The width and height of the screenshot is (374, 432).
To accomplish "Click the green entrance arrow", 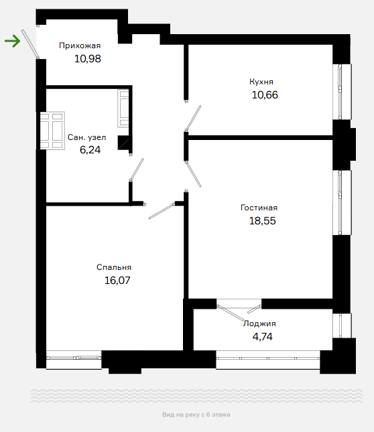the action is point(13,42).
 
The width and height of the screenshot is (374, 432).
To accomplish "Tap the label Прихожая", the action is point(80,46).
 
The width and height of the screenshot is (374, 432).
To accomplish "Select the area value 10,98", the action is point(88,59).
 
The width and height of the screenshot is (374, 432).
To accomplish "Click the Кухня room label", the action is point(261,82).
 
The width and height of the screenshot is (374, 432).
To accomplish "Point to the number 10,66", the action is point(265,95).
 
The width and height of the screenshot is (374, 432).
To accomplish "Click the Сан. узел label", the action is point(87,137).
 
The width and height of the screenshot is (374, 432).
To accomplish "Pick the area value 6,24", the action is point(90,149).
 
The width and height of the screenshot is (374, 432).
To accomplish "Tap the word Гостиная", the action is point(259,208).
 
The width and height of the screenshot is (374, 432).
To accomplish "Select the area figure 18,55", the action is point(262,220).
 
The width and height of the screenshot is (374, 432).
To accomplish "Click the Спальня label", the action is point(114,267).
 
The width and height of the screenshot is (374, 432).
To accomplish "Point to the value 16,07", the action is point(117,280).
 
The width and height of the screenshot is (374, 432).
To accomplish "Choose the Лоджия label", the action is point(259,323).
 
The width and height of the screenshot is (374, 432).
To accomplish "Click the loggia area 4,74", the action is point(262,337).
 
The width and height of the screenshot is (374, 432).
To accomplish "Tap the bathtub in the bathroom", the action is point(52,131).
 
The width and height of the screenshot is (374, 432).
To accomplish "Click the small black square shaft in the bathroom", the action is point(123,143).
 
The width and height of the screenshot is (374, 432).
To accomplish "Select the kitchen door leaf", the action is point(193,118).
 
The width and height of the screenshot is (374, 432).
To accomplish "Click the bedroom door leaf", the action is point(162,212).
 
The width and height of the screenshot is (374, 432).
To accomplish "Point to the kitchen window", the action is point(342,92).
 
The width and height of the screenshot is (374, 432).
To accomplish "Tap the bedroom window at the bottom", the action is point(74,360).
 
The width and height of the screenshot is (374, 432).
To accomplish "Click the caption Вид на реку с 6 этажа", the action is point(196,415).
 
